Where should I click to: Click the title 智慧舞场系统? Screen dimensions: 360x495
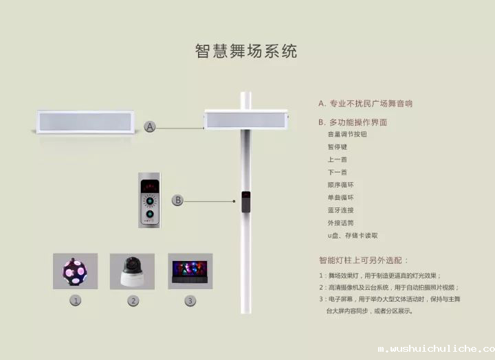[246, 52]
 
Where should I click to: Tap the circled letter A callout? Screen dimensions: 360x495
[151, 126]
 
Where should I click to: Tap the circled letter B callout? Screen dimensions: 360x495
[177, 200]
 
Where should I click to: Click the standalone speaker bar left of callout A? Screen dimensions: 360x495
[86, 122]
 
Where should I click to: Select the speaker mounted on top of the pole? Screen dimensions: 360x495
[246, 120]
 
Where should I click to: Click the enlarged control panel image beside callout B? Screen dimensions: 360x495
[149, 200]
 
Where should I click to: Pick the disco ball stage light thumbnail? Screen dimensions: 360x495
[75, 271]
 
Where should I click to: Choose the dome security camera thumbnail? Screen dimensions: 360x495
[133, 271]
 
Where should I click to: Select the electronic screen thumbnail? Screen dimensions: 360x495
[190, 271]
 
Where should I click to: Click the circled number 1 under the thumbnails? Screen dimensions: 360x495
[76, 300]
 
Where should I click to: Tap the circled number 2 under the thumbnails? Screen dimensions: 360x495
[133, 300]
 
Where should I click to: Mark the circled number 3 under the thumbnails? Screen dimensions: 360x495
[190, 300]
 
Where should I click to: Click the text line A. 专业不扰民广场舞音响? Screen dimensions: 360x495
[365, 104]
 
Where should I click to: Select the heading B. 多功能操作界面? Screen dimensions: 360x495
[353, 122]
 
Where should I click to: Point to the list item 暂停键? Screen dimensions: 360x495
[338, 147]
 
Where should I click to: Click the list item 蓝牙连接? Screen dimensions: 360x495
[341, 210]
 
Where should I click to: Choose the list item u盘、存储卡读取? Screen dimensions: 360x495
[353, 236]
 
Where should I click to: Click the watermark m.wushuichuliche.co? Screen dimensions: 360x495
[436, 349]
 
